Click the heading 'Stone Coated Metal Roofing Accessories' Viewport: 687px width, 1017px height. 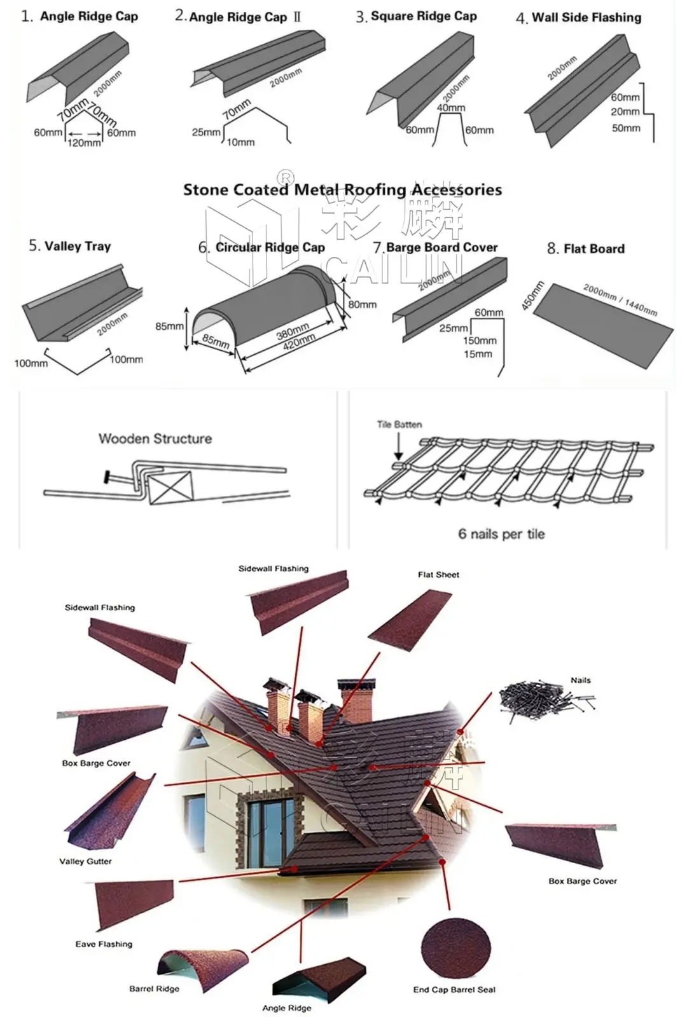tap(342, 190)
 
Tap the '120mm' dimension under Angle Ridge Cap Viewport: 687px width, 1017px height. tap(84, 143)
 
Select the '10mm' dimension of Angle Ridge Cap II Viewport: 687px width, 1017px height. tap(240, 142)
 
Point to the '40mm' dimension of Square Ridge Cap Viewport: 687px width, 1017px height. tap(450, 108)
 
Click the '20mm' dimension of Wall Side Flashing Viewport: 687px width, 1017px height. tap(625, 112)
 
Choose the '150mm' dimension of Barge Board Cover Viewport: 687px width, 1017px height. tap(480, 341)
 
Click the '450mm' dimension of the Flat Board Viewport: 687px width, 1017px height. tap(533, 296)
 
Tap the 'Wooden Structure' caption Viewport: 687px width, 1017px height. tap(155, 439)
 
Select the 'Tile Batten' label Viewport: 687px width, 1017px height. tap(399, 425)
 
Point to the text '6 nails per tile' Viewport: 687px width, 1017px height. tap(501, 534)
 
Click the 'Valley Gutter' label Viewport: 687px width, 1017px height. tap(85, 861)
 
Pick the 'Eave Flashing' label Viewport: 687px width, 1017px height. tap(104, 944)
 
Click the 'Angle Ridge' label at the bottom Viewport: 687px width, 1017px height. tap(287, 1008)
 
